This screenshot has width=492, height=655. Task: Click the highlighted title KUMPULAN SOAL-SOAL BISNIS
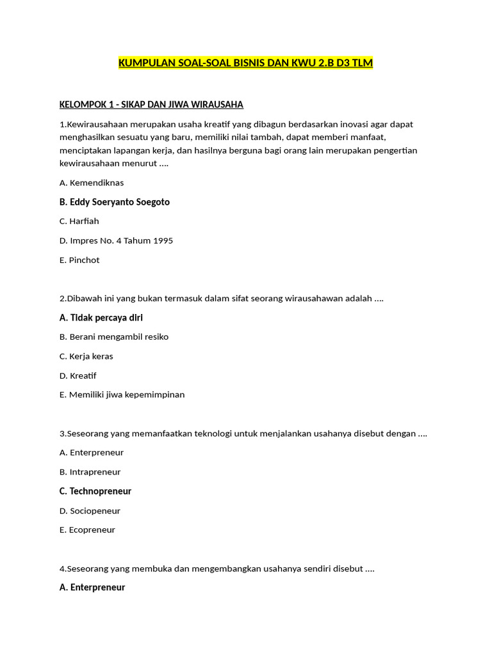(245, 63)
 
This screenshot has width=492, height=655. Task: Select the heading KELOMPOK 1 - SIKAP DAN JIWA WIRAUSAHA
(151, 104)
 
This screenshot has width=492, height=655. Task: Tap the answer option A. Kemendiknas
(92, 182)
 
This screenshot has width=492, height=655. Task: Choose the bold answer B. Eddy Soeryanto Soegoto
(115, 201)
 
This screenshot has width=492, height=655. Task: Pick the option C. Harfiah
(79, 221)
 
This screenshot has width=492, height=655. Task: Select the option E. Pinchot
(79, 260)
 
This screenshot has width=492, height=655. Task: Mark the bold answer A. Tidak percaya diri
(101, 317)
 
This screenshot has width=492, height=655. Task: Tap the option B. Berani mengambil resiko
(114, 336)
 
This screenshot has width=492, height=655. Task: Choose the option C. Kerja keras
(86, 356)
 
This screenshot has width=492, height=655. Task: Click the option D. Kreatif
(78, 375)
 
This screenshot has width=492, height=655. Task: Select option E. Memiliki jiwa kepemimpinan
(122, 395)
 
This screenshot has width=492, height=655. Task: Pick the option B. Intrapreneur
(90, 472)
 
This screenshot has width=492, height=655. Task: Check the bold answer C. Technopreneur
(95, 491)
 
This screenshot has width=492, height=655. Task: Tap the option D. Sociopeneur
(90, 510)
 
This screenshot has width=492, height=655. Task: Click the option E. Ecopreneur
(88, 530)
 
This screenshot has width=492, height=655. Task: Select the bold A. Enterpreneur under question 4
(92, 587)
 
